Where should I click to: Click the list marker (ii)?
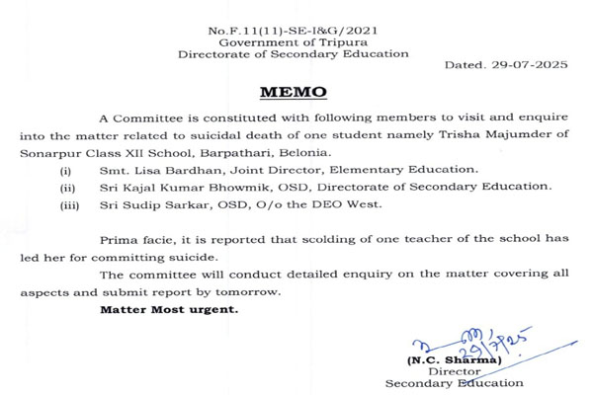coord(68,186)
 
